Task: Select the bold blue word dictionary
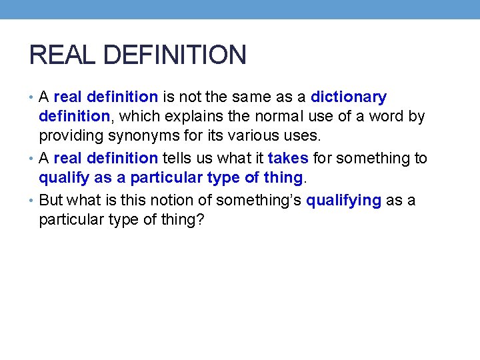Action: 349,97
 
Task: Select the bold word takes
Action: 288,158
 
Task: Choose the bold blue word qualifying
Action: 343,199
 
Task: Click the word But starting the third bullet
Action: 53,199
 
